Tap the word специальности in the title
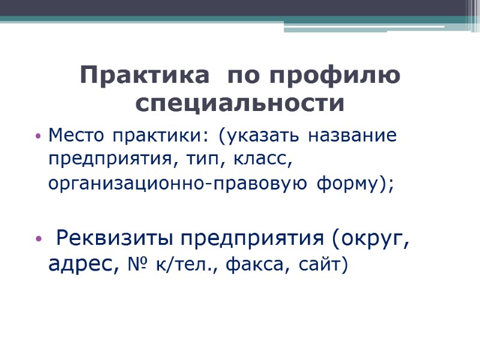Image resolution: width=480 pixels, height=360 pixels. tap(240, 104)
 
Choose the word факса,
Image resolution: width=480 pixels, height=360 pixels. tap(258, 264)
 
